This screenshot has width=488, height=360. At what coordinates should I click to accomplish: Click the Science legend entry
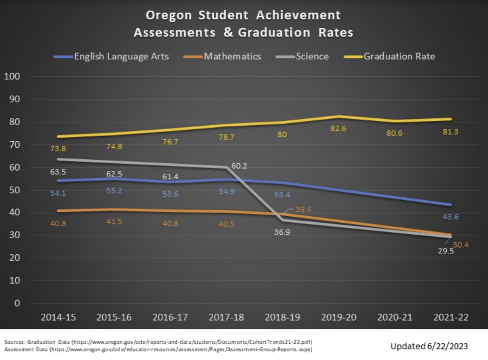[x=312, y=57]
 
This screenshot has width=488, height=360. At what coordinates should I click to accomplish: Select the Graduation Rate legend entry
[x=399, y=57]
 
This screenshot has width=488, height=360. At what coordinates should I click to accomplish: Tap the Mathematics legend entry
[x=232, y=57]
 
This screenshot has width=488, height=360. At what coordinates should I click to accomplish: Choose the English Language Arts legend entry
[x=121, y=57]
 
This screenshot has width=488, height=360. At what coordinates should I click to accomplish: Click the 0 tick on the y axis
[x=18, y=303]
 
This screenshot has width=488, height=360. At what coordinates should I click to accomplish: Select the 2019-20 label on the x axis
[x=338, y=318]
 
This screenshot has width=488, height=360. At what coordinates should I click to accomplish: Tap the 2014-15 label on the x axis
[x=58, y=318]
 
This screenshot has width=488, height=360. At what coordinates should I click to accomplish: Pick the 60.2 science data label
[x=239, y=166]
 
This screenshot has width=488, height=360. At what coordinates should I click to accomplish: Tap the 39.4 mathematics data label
[x=305, y=209]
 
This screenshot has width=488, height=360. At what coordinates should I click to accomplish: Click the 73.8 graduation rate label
[x=58, y=149]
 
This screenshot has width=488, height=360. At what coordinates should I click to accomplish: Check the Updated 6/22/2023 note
[x=429, y=346]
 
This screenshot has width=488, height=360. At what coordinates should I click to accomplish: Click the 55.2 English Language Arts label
[x=114, y=190]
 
